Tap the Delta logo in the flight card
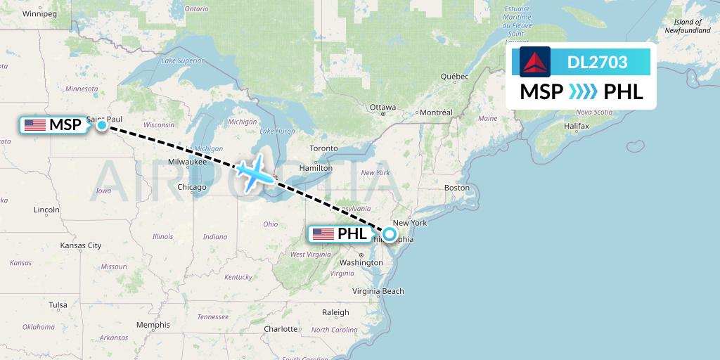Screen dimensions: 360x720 534,62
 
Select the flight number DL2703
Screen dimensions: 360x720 597,63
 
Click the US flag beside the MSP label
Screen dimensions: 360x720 35,125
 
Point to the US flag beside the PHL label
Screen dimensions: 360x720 323,234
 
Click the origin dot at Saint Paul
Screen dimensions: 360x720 102,125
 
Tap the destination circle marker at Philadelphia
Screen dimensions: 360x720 388,234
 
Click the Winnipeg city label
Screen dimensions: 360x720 39,13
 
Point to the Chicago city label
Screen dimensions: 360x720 192,187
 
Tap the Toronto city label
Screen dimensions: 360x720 323,148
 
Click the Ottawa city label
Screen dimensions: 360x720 383,108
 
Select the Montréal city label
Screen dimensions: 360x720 436,112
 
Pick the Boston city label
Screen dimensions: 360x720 456,188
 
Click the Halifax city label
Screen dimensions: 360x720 575,125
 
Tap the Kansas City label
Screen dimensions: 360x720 81,245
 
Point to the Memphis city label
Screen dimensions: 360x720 153,325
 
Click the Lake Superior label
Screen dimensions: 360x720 182,60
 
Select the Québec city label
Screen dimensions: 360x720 454,76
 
